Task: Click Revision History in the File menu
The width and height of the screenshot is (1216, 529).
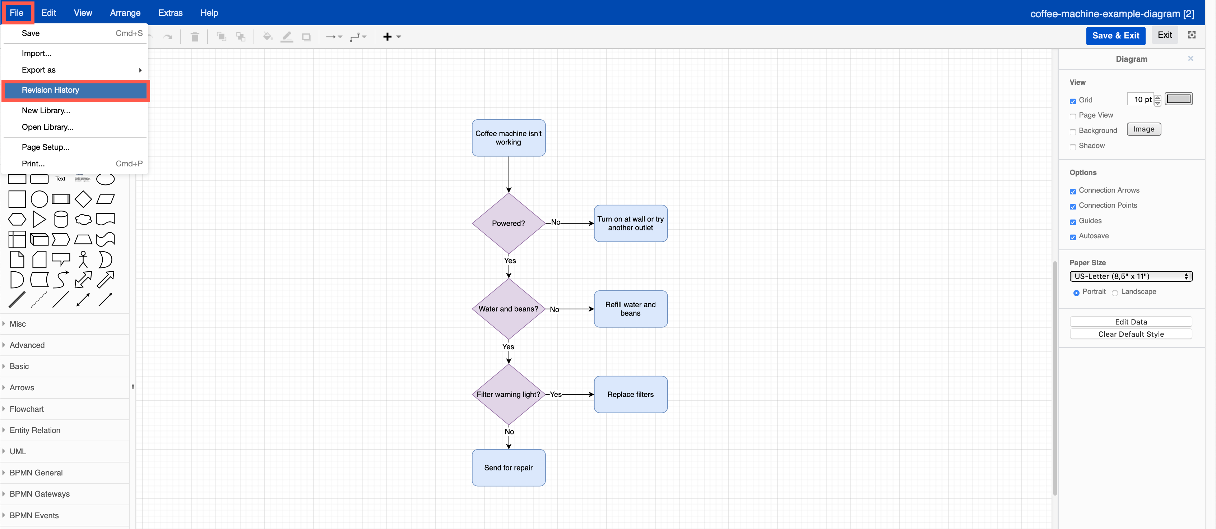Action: (51, 90)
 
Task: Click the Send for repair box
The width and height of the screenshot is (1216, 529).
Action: (509, 468)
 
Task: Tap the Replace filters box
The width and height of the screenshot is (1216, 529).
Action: (630, 394)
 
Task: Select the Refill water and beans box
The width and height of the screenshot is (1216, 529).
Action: (630, 309)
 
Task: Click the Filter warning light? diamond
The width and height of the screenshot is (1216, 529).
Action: (509, 394)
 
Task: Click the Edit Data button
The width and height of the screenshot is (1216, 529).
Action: (1131, 322)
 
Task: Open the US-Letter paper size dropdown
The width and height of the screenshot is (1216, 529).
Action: (1131, 276)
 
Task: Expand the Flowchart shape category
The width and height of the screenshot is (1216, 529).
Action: (27, 409)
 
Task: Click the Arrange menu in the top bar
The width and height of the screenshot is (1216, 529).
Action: (125, 13)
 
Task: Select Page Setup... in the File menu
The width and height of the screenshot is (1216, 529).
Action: (45, 147)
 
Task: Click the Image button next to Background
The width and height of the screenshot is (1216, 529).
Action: (1143, 129)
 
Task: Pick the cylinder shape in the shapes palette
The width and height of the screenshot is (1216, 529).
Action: (61, 220)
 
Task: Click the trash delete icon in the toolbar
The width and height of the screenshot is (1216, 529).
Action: (195, 37)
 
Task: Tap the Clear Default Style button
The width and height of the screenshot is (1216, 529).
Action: (1131, 334)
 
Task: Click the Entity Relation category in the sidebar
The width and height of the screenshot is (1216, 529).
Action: (35, 430)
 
